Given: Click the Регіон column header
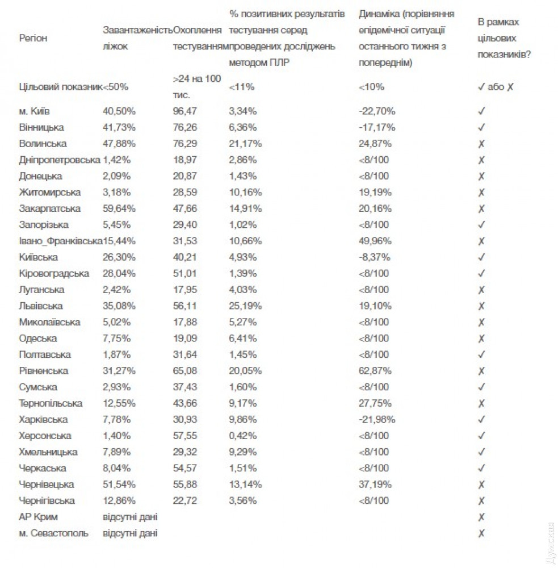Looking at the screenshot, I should point(33,38).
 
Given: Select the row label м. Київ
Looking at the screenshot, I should point(38,111).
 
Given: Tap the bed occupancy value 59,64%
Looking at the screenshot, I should point(119,208).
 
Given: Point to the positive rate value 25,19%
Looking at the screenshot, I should point(245,306).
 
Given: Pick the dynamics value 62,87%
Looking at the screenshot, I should point(375,371).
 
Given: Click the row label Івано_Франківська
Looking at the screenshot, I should point(60,241).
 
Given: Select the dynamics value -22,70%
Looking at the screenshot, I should point(377,111).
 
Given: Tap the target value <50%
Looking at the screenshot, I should point(116,87).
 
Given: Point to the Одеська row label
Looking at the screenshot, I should point(37,339).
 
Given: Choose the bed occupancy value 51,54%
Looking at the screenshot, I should point(119,485).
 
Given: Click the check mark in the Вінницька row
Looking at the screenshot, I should point(481,127).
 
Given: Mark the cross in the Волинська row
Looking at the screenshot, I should point(481,144).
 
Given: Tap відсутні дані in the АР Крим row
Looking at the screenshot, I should point(130,517).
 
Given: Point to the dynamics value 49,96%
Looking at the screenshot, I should point(375,241).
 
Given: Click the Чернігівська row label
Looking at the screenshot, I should point(47,501).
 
